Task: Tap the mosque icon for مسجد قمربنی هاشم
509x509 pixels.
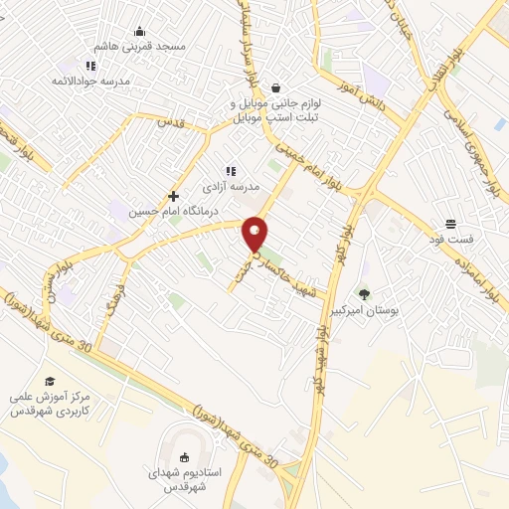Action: pos(139,30)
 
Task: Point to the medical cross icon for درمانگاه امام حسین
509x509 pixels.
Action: pos(173,196)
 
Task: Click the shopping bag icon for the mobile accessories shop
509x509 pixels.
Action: pos(274,86)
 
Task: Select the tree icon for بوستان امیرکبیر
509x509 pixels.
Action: pos(364,293)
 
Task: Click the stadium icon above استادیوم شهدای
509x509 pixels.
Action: pos(184,457)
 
